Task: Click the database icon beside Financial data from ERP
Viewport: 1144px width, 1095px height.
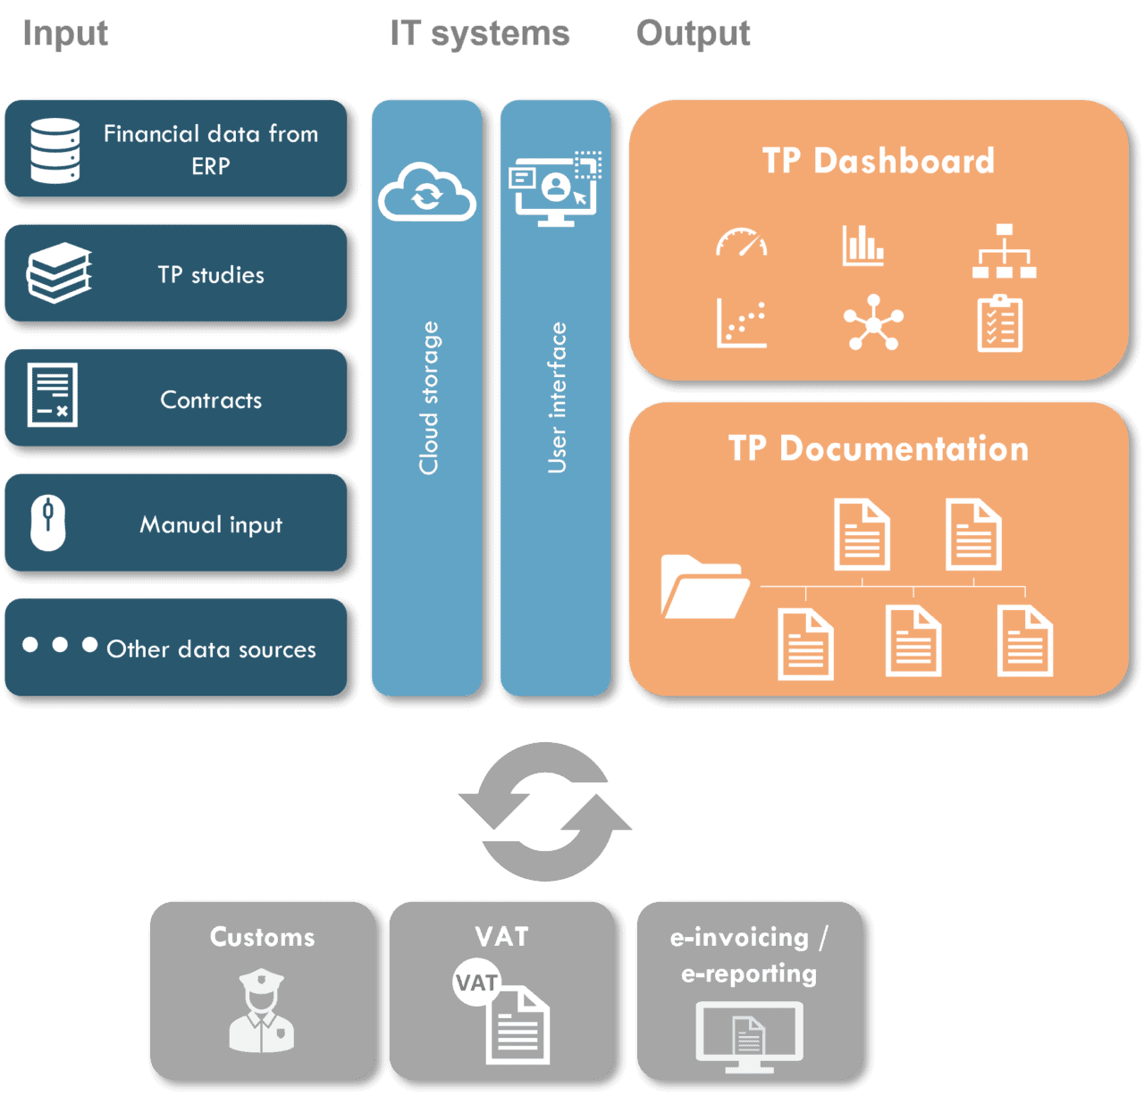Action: [x=55, y=150]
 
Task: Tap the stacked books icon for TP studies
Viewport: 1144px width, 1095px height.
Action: [x=59, y=273]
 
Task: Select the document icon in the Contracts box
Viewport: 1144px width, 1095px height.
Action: [x=53, y=395]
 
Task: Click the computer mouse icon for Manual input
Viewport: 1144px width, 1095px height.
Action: [x=48, y=523]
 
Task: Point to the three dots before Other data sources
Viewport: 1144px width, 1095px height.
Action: [x=60, y=645]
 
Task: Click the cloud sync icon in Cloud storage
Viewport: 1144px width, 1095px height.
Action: [x=426, y=192]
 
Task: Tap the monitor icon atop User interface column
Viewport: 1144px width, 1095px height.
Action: [x=555, y=189]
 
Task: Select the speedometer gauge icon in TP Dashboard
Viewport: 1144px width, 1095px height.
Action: [x=741, y=243]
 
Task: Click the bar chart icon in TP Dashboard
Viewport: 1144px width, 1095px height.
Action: [x=862, y=246]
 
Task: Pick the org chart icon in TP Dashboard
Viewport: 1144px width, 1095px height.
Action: [x=1004, y=251]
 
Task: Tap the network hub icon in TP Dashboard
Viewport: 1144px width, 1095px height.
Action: [x=873, y=322]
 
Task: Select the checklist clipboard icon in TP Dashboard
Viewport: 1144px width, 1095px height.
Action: [x=1000, y=323]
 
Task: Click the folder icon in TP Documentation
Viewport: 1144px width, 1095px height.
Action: [x=704, y=587]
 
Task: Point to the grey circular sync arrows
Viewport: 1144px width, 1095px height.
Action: [x=545, y=812]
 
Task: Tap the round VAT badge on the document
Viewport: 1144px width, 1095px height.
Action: [x=476, y=982]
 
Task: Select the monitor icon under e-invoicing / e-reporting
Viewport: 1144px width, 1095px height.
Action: [x=749, y=1036]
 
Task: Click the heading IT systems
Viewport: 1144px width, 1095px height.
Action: [x=480, y=34]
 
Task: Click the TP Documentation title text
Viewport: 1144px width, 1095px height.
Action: [x=879, y=448]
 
